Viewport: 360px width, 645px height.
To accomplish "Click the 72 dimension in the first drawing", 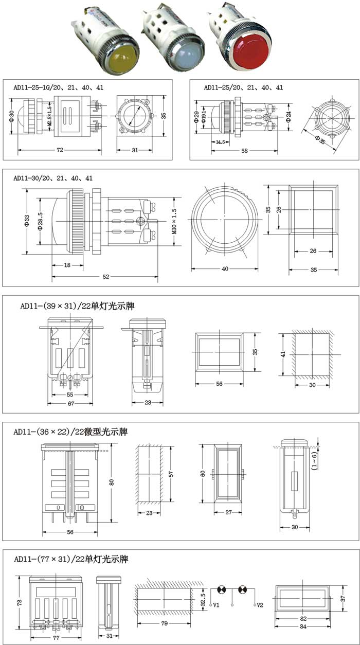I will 60,150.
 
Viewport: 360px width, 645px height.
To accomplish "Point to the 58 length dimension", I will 244,151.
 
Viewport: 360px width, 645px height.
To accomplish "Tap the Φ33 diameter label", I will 27,221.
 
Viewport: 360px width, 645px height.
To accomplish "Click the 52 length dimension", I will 105,277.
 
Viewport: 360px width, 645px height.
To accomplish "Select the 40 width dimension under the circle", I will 224,268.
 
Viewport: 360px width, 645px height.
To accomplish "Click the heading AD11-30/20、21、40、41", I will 53,178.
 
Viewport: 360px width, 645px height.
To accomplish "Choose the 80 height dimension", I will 111,482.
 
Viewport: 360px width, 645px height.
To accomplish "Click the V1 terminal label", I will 217,605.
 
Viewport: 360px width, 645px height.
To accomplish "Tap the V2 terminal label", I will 260,605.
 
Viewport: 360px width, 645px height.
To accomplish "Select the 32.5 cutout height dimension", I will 204,599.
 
